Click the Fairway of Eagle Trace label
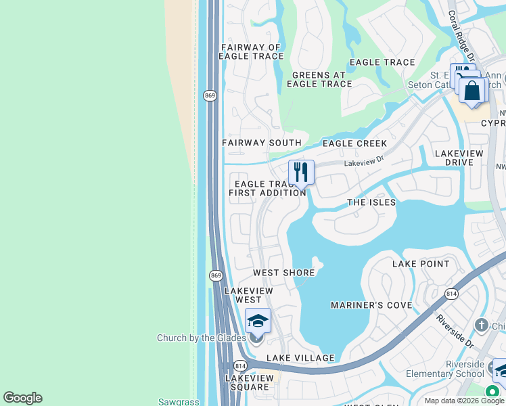click(251, 51)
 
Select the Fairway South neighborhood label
click(262, 143)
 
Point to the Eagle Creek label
click(354, 143)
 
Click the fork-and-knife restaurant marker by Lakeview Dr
click(301, 173)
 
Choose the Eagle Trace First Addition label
click(267, 188)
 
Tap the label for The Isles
click(371, 202)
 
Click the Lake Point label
click(421, 264)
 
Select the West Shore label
click(284, 273)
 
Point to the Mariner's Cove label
click(371, 305)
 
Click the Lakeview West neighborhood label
click(248, 295)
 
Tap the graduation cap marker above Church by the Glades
click(258, 321)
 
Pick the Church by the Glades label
click(204, 338)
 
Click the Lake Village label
click(300, 357)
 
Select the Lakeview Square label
click(247, 382)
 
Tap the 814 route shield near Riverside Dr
click(451, 293)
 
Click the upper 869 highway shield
click(210, 96)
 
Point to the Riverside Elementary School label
click(445, 369)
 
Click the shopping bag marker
click(472, 90)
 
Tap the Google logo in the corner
click(22, 398)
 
